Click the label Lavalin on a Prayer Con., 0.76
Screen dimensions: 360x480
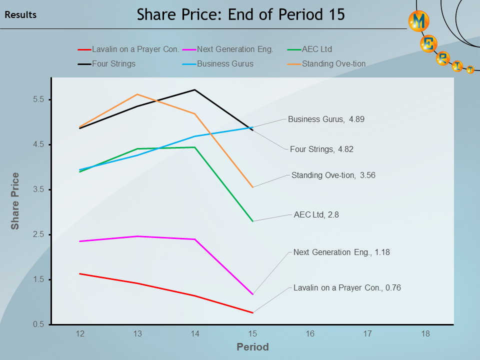pos(347,287)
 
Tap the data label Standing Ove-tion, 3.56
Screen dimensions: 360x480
pos(333,175)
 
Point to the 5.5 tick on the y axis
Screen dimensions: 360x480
pos(38,99)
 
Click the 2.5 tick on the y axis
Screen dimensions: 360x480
pos(38,234)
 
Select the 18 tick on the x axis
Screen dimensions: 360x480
pos(425,333)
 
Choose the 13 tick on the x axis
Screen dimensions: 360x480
pos(137,333)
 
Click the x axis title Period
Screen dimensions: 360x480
pos(252,347)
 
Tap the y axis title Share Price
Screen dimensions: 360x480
pos(15,201)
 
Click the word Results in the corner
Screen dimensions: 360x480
pos(20,15)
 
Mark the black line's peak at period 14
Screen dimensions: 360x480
pos(194,90)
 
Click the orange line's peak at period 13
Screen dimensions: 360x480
pos(137,94)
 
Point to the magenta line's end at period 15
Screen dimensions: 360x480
pos(252,294)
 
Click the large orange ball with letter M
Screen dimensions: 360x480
pos(419,21)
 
